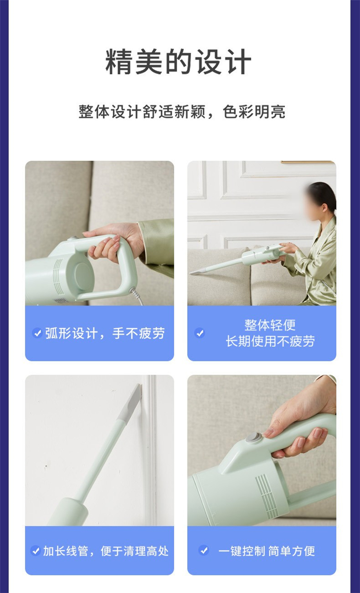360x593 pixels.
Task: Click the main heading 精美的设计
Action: point(178,62)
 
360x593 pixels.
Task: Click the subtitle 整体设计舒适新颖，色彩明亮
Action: point(182,112)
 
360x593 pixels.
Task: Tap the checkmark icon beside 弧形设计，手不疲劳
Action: point(37,333)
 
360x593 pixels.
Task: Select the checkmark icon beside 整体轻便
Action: point(199,333)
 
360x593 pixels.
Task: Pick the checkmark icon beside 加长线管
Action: point(36,551)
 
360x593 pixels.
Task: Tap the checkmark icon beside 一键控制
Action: point(204,551)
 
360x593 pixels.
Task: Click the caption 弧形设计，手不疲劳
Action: point(105,333)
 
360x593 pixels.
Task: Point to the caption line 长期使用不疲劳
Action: point(270,341)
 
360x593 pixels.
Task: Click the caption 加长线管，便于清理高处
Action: point(106,551)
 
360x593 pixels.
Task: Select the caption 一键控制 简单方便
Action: point(267,551)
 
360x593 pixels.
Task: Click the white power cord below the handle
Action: point(137,297)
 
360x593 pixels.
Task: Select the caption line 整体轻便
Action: point(270,325)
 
